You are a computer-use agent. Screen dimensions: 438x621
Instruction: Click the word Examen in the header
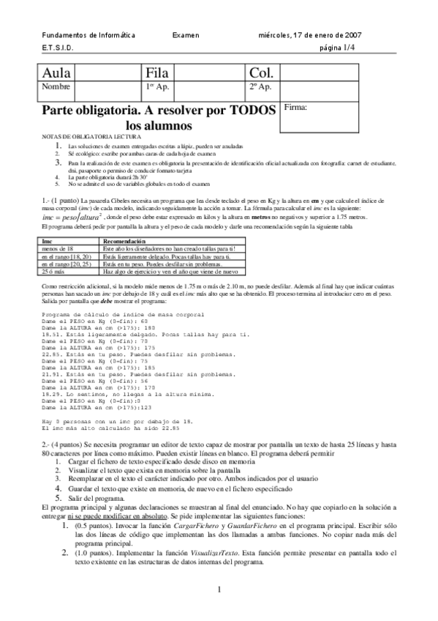tap(186, 34)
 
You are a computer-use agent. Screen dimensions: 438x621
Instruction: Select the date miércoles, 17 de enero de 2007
tap(308, 34)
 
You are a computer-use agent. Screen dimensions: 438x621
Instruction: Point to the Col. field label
tap(261, 72)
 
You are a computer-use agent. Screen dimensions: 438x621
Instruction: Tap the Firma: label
tap(295, 107)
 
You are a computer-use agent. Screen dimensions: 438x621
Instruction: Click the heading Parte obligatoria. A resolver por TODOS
tap(160, 110)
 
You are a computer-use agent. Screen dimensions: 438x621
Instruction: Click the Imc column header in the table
tap(48, 241)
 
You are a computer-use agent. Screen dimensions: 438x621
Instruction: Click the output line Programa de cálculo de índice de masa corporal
tap(124, 315)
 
